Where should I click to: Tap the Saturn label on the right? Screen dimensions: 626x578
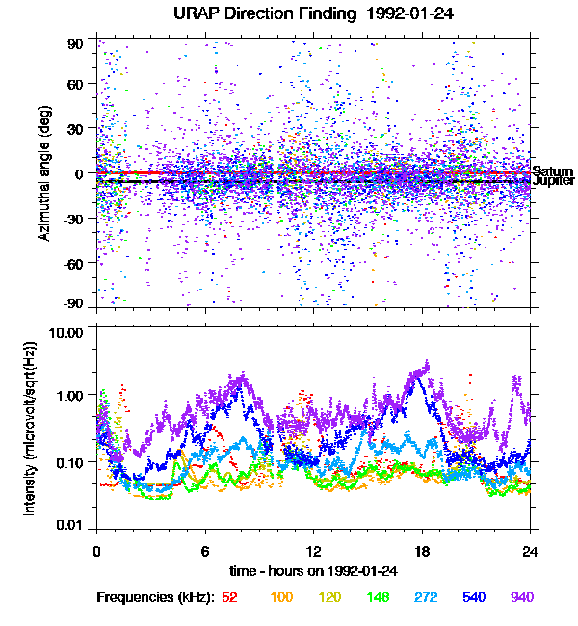click(x=552, y=171)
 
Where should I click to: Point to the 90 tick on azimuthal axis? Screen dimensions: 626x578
click(x=77, y=43)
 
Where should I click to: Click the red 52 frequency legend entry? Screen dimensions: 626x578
click(x=230, y=598)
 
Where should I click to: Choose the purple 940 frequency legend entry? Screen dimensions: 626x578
click(x=521, y=598)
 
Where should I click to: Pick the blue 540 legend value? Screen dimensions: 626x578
click(x=473, y=598)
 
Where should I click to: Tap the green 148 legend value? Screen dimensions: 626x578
click(x=377, y=598)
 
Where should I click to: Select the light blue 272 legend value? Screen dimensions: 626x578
click(x=425, y=598)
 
